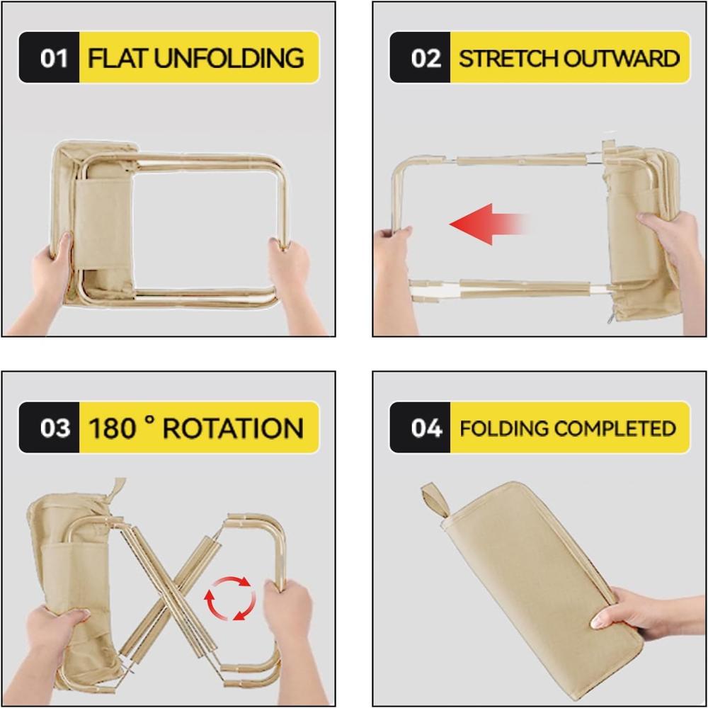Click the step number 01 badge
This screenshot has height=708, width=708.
click(50, 57)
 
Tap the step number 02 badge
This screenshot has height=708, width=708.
click(421, 57)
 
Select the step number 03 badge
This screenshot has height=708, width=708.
click(50, 428)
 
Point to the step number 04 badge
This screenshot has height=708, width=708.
click(421, 428)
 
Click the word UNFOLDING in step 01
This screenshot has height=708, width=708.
click(229, 57)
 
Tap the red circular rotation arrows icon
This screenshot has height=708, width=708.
click(230, 598)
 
